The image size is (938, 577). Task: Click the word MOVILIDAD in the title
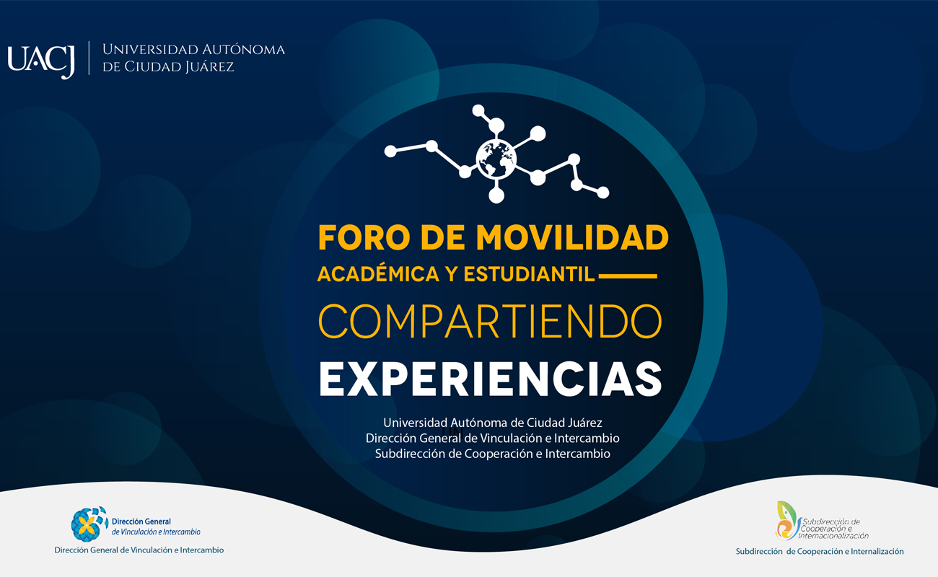(x=572, y=237)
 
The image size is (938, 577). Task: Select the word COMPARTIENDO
(x=491, y=321)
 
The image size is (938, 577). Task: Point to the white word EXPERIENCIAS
(x=491, y=379)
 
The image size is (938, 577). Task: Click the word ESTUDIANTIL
(x=530, y=274)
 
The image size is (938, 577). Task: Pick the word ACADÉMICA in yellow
(x=378, y=273)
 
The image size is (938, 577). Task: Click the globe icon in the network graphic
(x=496, y=159)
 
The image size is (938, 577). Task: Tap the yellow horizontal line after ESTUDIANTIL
(x=628, y=276)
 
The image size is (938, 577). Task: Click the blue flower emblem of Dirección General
(x=89, y=524)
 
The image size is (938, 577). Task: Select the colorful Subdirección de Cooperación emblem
(x=786, y=521)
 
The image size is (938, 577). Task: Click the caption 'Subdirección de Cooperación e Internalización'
(x=820, y=552)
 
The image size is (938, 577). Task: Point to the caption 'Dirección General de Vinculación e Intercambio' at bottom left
(x=139, y=550)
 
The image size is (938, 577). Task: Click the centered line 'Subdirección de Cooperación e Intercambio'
(x=492, y=454)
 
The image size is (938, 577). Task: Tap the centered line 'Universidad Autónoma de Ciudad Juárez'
(x=492, y=423)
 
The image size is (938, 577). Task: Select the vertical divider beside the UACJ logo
(x=89, y=58)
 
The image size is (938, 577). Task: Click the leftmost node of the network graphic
(x=390, y=151)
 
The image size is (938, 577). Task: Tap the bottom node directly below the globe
(x=496, y=195)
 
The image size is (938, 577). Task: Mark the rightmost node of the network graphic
(x=603, y=193)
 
